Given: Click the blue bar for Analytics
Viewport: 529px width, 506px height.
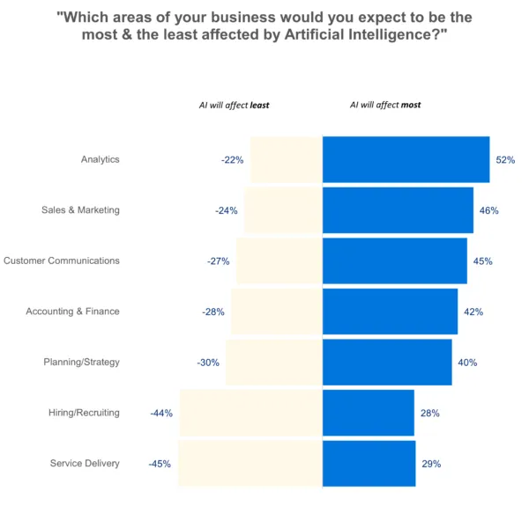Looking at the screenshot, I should click(x=406, y=159).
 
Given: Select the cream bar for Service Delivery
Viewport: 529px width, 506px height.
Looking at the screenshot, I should click(x=250, y=464).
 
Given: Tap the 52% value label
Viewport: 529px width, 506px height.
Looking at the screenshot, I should click(x=505, y=160).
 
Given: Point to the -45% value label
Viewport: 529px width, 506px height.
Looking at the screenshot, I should click(x=160, y=464).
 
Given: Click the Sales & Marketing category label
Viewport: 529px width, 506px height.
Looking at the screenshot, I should click(x=80, y=210).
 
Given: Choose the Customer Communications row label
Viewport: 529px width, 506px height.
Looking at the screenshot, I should click(x=62, y=260).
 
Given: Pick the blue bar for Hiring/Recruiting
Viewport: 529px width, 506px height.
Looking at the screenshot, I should click(x=369, y=413).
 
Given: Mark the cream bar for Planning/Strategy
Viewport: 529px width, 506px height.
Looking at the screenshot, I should click(x=274, y=362).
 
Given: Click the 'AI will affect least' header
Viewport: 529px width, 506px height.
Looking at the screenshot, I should click(x=234, y=105).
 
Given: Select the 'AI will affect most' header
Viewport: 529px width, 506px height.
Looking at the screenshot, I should click(x=385, y=105).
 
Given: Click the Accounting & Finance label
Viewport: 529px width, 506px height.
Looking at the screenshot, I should click(x=72, y=312).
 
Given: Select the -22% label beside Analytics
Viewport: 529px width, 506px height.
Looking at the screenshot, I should click(x=232, y=160).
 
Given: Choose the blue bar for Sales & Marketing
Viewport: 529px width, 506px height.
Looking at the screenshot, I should click(x=398, y=210).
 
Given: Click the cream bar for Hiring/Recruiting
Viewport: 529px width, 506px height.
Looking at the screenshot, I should click(x=251, y=413).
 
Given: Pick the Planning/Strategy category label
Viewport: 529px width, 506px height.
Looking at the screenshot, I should click(x=81, y=362).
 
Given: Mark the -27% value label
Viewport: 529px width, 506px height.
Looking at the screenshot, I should click(x=219, y=261).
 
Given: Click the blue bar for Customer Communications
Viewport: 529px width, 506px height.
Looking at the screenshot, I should click(x=394, y=260).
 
